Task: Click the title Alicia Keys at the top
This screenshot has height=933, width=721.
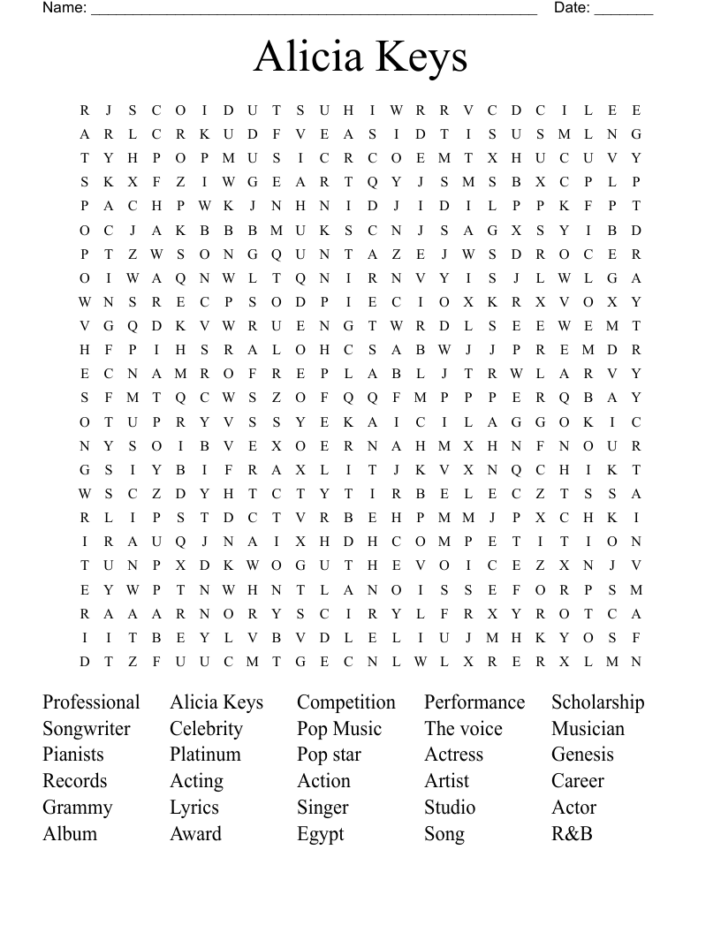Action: point(360,57)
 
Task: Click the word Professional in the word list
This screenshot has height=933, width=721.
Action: point(91,702)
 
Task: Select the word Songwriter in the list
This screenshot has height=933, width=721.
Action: point(87,729)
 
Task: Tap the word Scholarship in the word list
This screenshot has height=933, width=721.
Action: point(598,702)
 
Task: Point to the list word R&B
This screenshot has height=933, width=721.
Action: point(572,833)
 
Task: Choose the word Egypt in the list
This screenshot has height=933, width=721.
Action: point(320,834)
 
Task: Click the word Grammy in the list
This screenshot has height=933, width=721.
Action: point(78,808)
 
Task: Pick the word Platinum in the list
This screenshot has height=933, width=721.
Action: point(205,755)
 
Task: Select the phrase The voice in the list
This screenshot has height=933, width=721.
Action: point(463,729)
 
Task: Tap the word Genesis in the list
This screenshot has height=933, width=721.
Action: point(582,755)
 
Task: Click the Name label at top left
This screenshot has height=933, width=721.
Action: point(64,8)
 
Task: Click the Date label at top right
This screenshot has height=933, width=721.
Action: point(572,8)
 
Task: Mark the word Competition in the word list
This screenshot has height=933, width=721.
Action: point(346,702)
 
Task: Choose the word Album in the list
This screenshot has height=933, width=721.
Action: point(70,833)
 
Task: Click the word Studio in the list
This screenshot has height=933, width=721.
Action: point(450,808)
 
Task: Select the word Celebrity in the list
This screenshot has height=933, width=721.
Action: point(206,729)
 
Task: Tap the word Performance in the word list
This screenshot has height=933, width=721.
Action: point(474,702)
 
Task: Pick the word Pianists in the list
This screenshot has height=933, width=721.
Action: point(73,755)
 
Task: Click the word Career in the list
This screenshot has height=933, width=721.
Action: point(578,781)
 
